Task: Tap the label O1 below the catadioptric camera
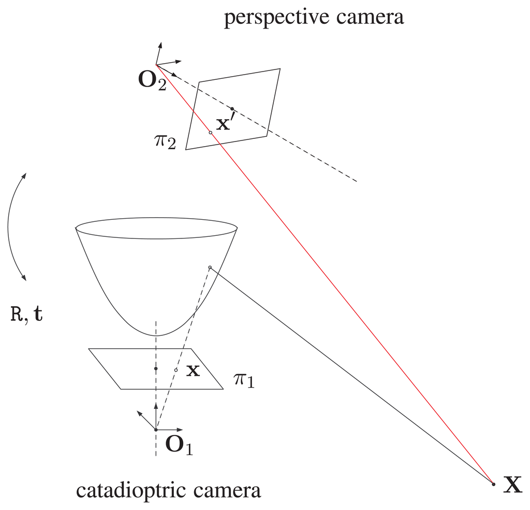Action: [x=178, y=445]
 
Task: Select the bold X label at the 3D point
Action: [x=513, y=484]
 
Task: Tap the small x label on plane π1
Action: [x=193, y=371]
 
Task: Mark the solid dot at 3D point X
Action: [x=493, y=484]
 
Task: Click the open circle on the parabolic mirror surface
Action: [x=210, y=267]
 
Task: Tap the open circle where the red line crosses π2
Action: [x=211, y=133]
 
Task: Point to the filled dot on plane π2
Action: [x=232, y=109]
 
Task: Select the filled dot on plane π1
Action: [x=156, y=369]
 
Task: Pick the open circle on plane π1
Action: [x=176, y=370]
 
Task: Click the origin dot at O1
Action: [x=156, y=430]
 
